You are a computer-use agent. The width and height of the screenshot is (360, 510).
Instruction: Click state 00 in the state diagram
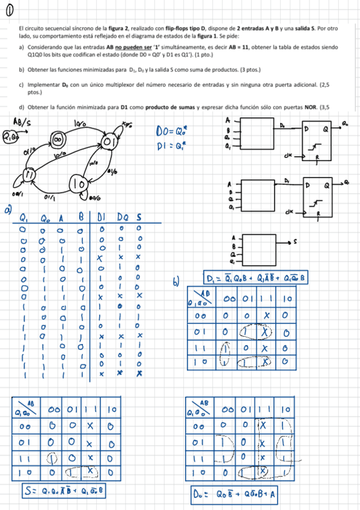[58, 140]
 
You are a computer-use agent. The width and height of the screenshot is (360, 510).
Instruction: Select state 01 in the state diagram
[109, 142]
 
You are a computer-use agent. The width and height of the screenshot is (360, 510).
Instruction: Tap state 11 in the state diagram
[28, 174]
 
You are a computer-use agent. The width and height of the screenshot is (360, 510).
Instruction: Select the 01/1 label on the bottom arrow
[50, 196]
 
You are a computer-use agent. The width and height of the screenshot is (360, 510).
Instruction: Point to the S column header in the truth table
[138, 218]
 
